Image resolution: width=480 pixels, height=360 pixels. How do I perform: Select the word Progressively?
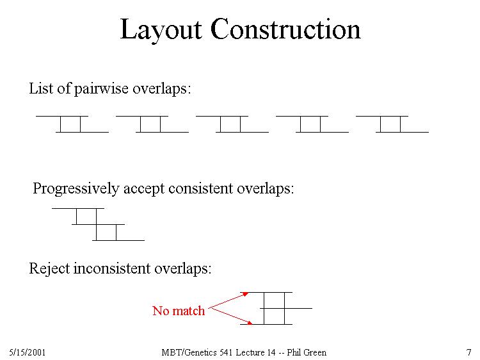76,189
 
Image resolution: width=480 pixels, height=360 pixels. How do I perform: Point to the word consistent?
201,188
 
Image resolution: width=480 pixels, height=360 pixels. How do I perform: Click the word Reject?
49,268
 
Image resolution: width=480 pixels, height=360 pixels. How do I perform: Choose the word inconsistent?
112,268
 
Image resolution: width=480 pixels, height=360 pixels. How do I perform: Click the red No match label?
179,311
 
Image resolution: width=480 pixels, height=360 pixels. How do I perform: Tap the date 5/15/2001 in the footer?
28,352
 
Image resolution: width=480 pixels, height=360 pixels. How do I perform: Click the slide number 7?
468,352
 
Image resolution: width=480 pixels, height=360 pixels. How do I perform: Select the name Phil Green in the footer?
307,353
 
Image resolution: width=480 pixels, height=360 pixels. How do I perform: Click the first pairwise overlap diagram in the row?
72,124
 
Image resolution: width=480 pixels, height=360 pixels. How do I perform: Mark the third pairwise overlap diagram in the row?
232,124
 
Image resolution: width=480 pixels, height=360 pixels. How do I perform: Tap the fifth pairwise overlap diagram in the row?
392,124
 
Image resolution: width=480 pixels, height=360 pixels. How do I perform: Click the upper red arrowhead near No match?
246,294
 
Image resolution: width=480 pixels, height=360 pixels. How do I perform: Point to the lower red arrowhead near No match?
250,322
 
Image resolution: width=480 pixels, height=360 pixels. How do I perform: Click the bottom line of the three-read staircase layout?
118,240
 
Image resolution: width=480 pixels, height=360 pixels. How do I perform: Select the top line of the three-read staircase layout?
78,208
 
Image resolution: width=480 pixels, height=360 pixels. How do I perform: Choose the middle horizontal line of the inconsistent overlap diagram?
286,308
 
